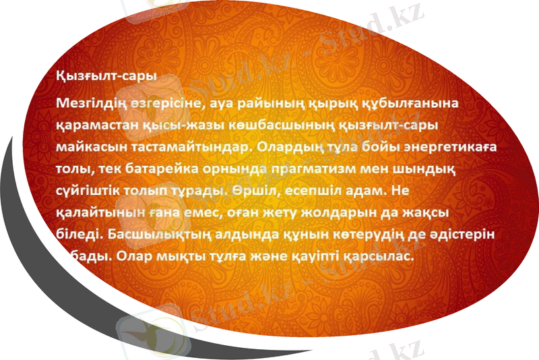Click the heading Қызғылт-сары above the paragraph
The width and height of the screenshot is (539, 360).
pyautogui.click(x=106, y=76)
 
